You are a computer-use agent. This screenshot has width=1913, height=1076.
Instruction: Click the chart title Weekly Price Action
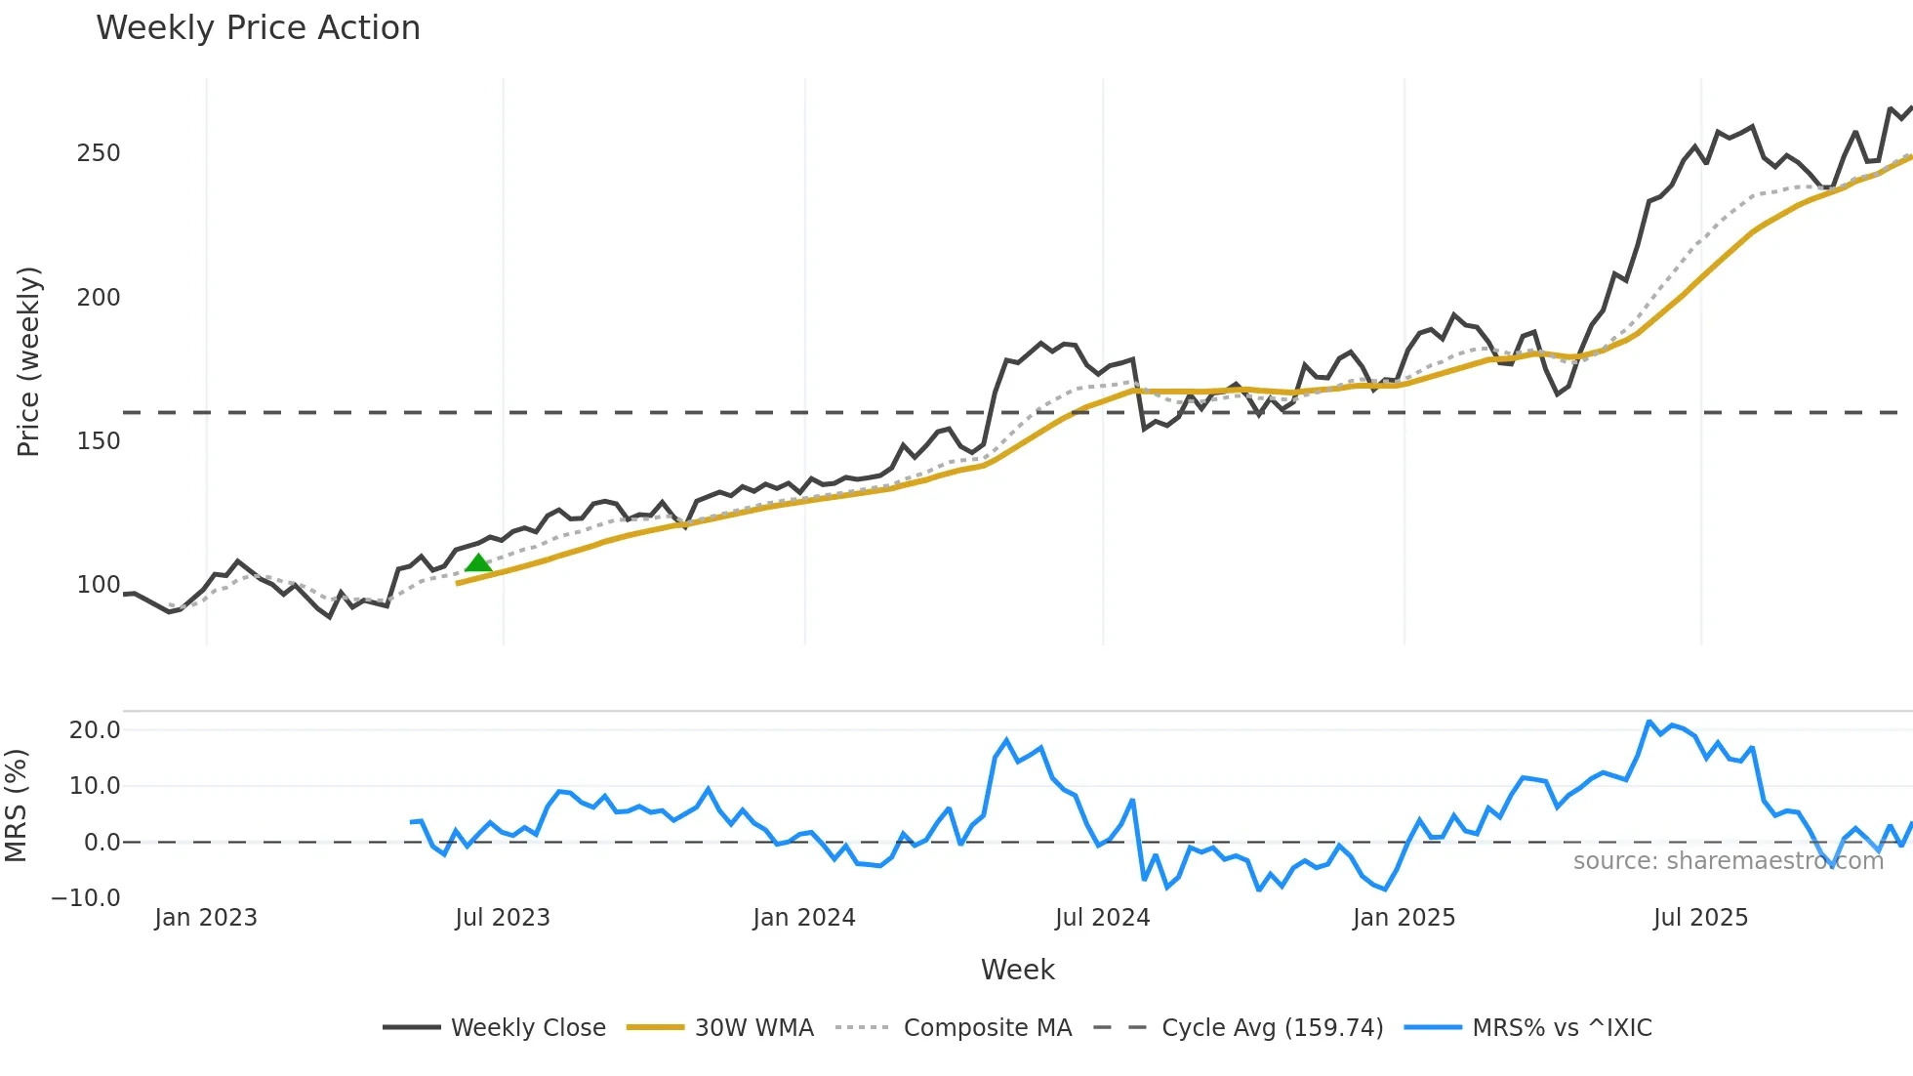click(258, 28)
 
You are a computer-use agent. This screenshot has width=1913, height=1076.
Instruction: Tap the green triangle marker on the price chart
click(478, 562)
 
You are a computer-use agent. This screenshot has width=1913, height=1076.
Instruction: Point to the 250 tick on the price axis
click(99, 153)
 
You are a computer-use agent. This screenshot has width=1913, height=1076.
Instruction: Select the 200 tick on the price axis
click(99, 298)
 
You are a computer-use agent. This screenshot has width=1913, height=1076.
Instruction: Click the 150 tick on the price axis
click(99, 441)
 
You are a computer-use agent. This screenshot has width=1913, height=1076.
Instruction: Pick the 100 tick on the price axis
click(99, 585)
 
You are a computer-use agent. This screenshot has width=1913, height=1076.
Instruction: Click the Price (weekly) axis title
click(29, 361)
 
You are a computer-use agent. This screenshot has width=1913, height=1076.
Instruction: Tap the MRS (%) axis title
click(17, 806)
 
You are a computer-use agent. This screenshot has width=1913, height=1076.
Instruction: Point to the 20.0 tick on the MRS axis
click(95, 730)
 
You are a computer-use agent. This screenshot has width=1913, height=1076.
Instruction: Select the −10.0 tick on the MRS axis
click(86, 898)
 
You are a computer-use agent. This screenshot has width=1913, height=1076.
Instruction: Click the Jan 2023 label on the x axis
click(206, 918)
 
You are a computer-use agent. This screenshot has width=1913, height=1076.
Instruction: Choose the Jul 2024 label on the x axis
click(1102, 918)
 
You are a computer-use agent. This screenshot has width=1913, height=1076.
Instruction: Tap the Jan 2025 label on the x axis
click(1404, 918)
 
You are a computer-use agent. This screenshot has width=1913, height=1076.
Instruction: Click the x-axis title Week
click(1017, 970)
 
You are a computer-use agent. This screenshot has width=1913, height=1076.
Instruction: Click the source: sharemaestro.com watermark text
click(1728, 861)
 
